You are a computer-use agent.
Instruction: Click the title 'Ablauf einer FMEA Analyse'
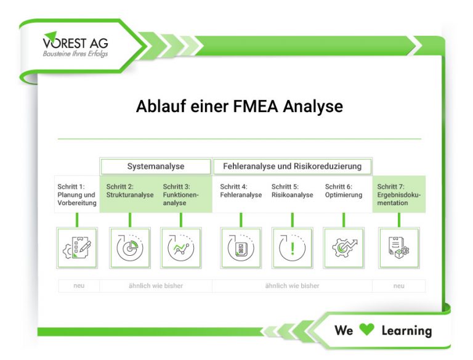coord(239,107)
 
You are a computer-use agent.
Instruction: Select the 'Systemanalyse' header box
coord(155,166)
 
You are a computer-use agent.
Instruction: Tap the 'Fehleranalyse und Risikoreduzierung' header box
coord(292,166)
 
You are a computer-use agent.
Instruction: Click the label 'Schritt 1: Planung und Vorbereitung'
coord(76,194)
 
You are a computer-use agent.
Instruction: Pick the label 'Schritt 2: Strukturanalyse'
coord(129,190)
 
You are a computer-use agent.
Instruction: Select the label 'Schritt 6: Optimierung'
coord(343,190)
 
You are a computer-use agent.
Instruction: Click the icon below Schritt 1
coord(77,248)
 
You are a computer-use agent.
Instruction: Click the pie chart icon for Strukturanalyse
coord(129,248)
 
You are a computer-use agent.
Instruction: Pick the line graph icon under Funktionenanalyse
coord(180,248)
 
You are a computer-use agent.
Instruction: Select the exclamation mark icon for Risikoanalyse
coord(292,248)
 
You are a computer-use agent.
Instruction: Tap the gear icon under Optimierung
coord(343,248)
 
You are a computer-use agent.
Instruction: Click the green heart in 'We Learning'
coord(366,330)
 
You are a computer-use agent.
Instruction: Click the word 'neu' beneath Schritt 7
coord(398,286)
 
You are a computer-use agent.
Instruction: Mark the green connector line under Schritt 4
coord(241,219)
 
